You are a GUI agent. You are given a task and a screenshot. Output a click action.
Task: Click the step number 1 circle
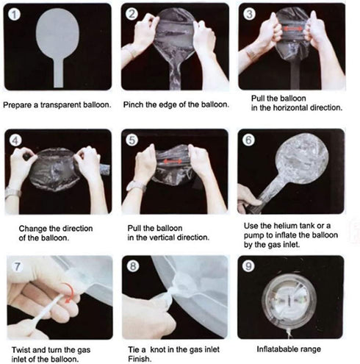(x=14, y=15)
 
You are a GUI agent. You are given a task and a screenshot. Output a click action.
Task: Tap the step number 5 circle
(x=132, y=140)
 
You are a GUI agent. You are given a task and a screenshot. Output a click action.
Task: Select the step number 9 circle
(x=248, y=266)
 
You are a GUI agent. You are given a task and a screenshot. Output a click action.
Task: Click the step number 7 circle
(x=17, y=266)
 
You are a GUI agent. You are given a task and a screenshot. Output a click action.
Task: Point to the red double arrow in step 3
(x=293, y=29)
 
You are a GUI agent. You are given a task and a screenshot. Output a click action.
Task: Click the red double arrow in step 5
(x=173, y=161)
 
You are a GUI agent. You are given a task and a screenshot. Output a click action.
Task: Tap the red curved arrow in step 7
(x=68, y=293)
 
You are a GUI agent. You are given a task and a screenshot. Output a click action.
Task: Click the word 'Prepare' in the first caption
(x=17, y=105)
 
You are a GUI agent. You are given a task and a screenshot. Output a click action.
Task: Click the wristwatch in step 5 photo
(x=136, y=185)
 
